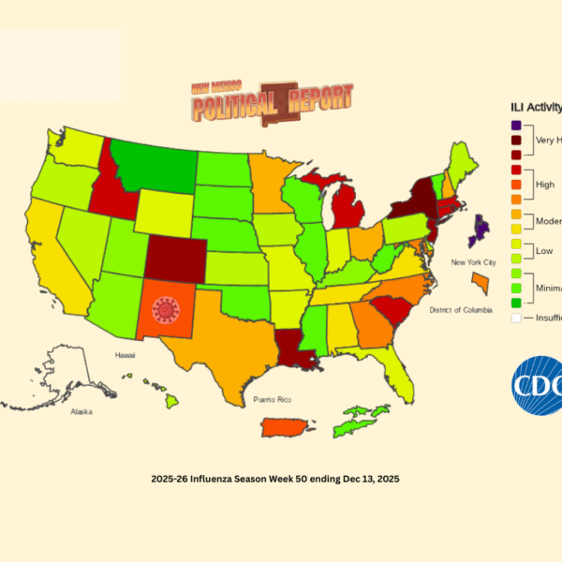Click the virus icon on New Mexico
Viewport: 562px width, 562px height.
click(x=166, y=308)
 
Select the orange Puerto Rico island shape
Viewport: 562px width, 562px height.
click(x=286, y=427)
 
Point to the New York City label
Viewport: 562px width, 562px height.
click(x=471, y=263)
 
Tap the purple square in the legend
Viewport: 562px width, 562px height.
click(x=516, y=126)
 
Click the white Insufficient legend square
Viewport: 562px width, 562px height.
click(x=516, y=318)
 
